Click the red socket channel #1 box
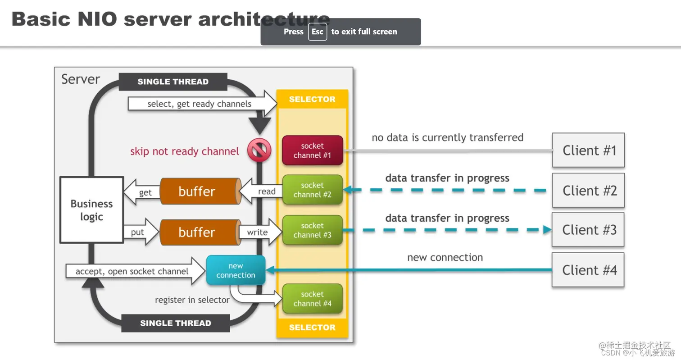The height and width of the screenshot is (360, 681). [x=313, y=150]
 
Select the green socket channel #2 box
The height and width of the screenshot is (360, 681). [x=313, y=190]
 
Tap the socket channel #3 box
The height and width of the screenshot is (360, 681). [x=313, y=230]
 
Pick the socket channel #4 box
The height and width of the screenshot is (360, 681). [x=313, y=299]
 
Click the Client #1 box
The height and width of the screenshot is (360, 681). [x=588, y=150]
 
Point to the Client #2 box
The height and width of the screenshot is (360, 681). [x=588, y=190]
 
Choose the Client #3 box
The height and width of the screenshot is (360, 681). [x=588, y=230]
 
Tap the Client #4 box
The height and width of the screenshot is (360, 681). [x=588, y=270]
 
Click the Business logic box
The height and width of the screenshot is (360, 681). [x=92, y=210]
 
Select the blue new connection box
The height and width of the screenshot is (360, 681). [x=236, y=270]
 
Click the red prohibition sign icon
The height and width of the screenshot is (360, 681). [x=259, y=150]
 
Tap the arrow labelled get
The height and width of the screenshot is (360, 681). [x=142, y=192]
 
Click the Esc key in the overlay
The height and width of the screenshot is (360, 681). [x=317, y=32]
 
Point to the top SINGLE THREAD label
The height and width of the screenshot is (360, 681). [x=173, y=82]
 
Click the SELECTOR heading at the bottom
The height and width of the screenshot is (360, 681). [x=312, y=328]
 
